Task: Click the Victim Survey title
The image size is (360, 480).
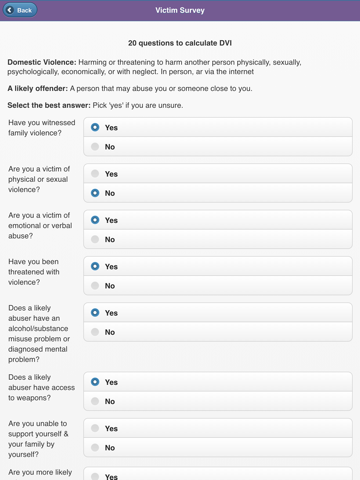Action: point(180,10)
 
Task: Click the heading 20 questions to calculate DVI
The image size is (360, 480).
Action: point(180,44)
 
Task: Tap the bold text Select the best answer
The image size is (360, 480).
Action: point(48,105)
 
